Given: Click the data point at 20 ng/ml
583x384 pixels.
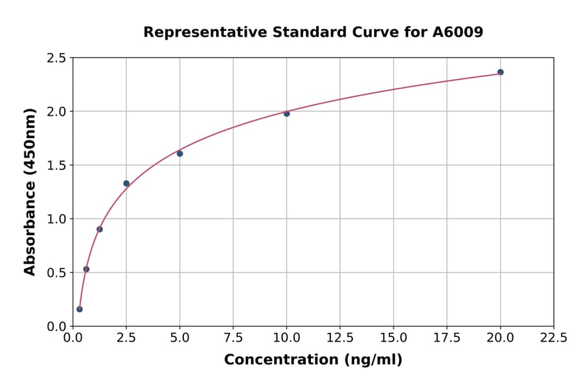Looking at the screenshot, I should pyautogui.click(x=500, y=72).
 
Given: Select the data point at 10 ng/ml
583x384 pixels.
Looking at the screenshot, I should pyautogui.click(x=286, y=113).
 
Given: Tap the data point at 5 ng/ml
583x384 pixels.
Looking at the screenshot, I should pyautogui.click(x=179, y=153).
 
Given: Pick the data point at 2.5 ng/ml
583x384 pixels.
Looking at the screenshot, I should pyautogui.click(x=126, y=184).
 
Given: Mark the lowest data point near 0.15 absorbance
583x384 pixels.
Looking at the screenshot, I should pyautogui.click(x=80, y=309).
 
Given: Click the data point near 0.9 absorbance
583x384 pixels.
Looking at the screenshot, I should pyautogui.click(x=100, y=229).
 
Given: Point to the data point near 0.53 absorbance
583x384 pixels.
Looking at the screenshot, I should pyautogui.click(x=86, y=269).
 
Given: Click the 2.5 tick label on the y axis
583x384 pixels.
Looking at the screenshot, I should pyautogui.click(x=56, y=58).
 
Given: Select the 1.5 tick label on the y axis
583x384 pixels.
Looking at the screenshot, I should pyautogui.click(x=56, y=165).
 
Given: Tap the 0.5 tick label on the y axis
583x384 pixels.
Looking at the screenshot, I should pyautogui.click(x=56, y=273).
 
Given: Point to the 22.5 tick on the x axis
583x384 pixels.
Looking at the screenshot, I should pyautogui.click(x=553, y=338).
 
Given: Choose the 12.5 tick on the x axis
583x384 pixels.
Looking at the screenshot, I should pyautogui.click(x=340, y=338).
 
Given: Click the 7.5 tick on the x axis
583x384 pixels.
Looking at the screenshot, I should pyautogui.click(x=233, y=338).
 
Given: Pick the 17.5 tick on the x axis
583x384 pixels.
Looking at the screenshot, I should pyautogui.click(x=447, y=338).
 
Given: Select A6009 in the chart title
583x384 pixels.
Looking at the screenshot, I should pyautogui.click(x=457, y=32).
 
